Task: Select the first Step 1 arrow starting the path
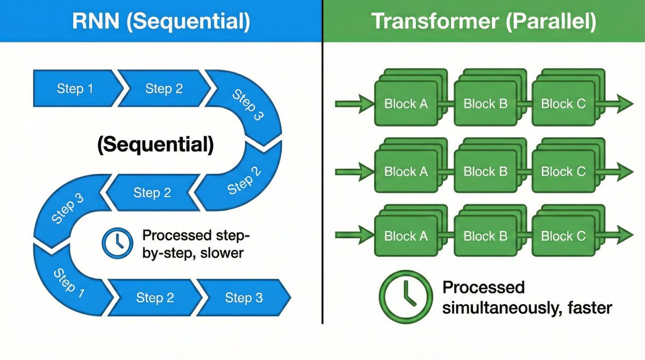pyautogui.click(x=75, y=89)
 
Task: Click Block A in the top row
pyautogui.click(x=406, y=104)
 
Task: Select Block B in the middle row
pyautogui.click(x=485, y=172)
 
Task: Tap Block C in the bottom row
pyautogui.click(x=563, y=236)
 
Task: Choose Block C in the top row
pyautogui.click(x=563, y=104)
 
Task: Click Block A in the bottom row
pyautogui.click(x=406, y=236)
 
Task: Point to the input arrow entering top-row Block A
pyautogui.click(x=355, y=103)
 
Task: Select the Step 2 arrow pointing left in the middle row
pyautogui.click(x=152, y=192)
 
